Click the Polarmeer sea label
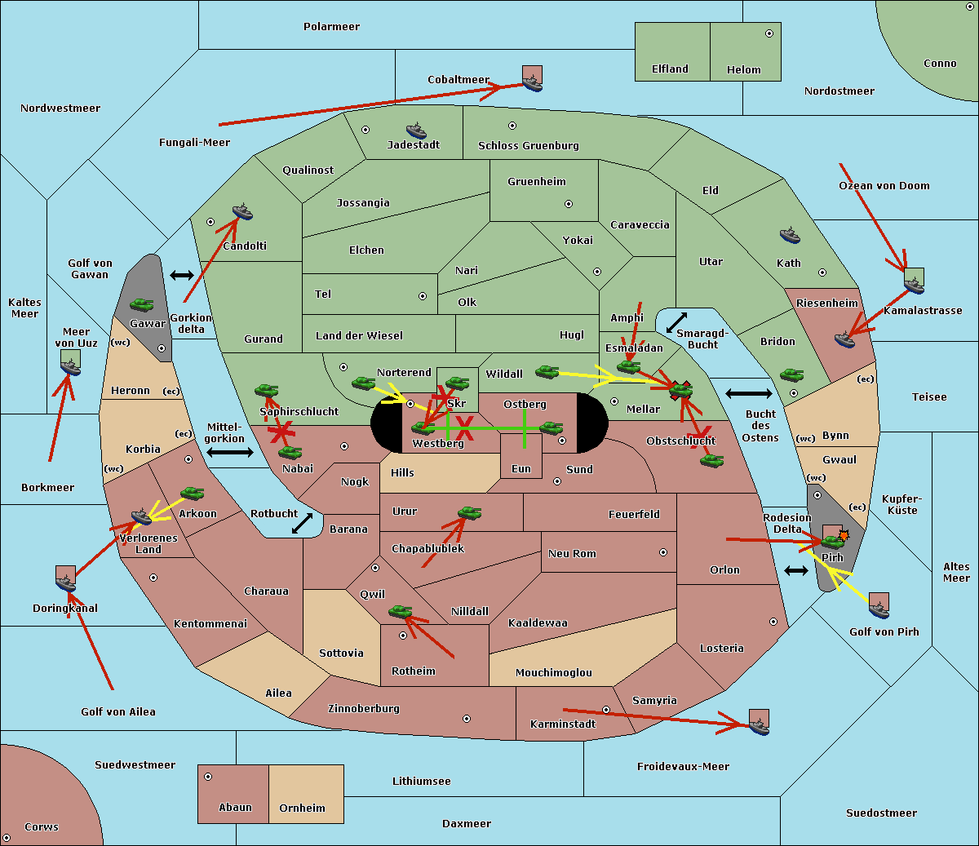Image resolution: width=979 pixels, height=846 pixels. pyautogui.click(x=331, y=27)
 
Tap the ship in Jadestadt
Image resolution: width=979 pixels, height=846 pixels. pyautogui.click(x=416, y=131)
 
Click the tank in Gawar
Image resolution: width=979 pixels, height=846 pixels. pyautogui.click(x=142, y=305)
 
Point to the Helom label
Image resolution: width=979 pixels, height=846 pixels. pyautogui.click(x=743, y=70)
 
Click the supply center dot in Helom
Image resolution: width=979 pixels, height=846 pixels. pyautogui.click(x=769, y=33)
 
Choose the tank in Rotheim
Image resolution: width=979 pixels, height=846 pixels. pyautogui.click(x=400, y=611)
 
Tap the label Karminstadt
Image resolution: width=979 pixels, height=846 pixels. pyautogui.click(x=563, y=724)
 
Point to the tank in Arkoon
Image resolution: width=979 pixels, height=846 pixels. pyautogui.click(x=192, y=493)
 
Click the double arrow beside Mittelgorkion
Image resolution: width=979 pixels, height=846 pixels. pyautogui.click(x=230, y=452)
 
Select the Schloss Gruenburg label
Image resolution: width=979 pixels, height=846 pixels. pyautogui.click(x=528, y=146)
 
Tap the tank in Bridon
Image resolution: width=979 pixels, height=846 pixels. pyautogui.click(x=791, y=375)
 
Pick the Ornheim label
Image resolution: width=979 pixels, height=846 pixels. pyautogui.click(x=302, y=808)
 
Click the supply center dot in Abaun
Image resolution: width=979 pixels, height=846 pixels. pyautogui.click(x=208, y=777)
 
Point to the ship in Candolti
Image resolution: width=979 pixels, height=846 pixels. pyautogui.click(x=242, y=212)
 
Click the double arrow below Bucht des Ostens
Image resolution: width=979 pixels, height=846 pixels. pyautogui.click(x=796, y=570)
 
